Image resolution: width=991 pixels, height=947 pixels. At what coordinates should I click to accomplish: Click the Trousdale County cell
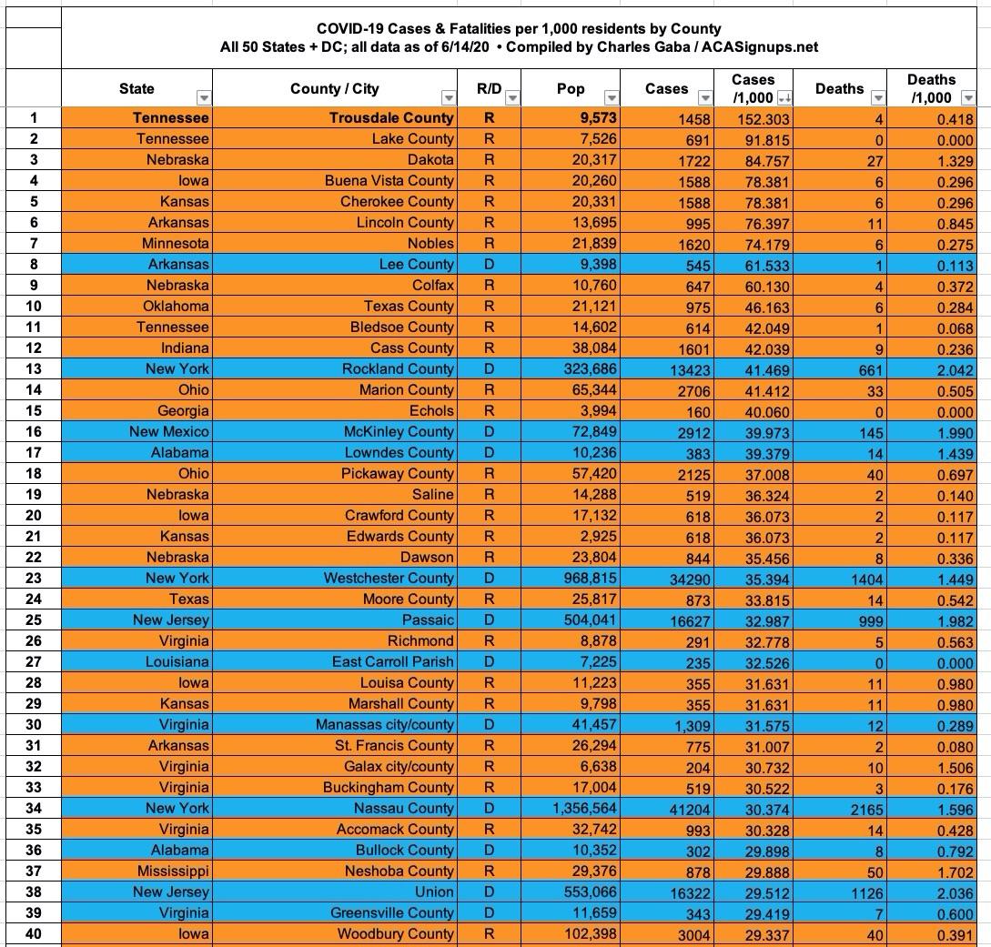click(391, 117)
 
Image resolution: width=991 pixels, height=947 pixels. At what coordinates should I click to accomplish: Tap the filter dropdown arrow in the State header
click(204, 98)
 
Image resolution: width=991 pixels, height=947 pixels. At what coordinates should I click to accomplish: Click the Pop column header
click(571, 88)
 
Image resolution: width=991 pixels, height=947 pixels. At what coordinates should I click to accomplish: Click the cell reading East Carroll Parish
click(392, 661)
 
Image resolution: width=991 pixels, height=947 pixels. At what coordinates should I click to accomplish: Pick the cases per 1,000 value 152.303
click(763, 118)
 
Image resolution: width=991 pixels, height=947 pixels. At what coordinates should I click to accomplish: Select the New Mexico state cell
click(169, 431)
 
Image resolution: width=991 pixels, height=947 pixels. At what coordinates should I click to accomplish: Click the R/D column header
click(490, 88)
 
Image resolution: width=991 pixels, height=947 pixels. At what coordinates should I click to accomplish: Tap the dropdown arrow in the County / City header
click(448, 98)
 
